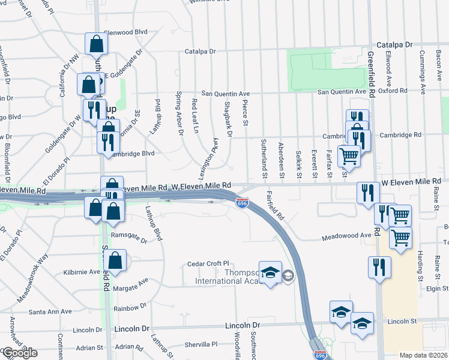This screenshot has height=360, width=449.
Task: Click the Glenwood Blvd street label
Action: point(125,32)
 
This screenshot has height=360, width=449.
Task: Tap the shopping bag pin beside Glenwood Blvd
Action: point(97,44)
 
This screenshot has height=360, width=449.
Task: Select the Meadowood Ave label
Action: point(346,236)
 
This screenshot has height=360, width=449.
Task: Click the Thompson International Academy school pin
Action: point(271,273)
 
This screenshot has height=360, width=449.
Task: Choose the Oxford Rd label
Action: point(394,91)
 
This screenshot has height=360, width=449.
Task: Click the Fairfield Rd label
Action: point(275,205)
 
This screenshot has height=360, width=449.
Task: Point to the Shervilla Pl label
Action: point(200,344)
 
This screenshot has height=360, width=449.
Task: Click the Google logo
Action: point(20,353)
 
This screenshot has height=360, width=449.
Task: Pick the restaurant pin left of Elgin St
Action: point(379,268)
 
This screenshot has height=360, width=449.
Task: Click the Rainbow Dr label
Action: point(130,307)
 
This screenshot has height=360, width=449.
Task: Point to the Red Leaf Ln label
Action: point(194,116)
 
